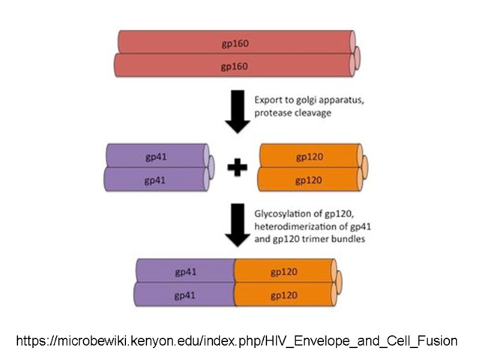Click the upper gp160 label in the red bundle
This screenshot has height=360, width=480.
(x=235, y=44)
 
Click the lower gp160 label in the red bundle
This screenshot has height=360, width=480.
(x=235, y=66)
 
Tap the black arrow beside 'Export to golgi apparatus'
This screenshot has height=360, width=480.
(x=237, y=112)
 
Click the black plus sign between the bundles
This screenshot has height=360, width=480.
(x=237, y=169)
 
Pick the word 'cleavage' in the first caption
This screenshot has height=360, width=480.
(x=313, y=112)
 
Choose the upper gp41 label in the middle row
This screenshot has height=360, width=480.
(x=155, y=157)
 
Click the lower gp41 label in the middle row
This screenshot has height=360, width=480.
(x=155, y=179)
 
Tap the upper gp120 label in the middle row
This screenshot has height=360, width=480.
(x=310, y=157)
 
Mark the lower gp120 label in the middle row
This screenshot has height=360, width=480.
(x=310, y=179)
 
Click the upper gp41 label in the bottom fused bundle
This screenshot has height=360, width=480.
(x=186, y=272)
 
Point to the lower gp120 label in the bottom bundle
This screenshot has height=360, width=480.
(x=284, y=295)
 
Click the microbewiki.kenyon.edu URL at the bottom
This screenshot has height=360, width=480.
(x=237, y=341)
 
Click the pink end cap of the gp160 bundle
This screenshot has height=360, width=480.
(x=356, y=57)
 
